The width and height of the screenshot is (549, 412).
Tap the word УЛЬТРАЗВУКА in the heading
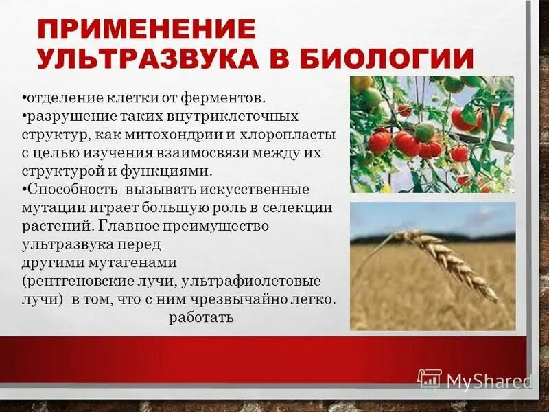tap(148, 58)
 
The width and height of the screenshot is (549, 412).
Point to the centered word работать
tap(201, 318)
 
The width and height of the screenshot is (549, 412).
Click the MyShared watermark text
tap(488, 381)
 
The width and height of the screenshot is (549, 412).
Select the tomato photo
tap(432, 134)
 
